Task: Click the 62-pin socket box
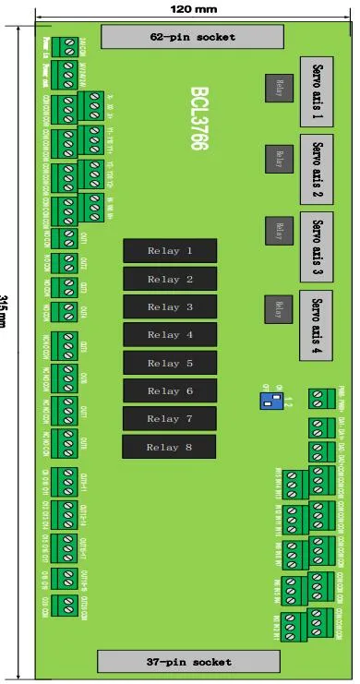pos(193,37)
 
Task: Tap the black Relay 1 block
pos(170,251)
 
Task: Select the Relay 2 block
pos(170,279)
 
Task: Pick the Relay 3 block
pos(170,307)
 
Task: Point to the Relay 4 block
pos(170,335)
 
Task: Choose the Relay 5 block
pos(170,364)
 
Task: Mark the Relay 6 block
pos(170,391)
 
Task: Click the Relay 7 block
pos(170,419)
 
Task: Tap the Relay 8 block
pos(170,448)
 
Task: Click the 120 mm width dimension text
pos(194,8)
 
